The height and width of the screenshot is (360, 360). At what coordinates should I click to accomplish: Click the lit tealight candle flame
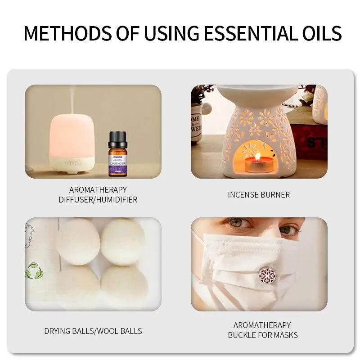(258, 157)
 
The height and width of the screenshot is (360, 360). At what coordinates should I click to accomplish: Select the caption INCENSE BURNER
(258, 195)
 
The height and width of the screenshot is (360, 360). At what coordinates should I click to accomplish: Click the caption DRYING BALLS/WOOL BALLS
(93, 331)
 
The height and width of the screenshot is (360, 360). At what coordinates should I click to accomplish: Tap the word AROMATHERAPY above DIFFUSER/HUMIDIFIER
(98, 189)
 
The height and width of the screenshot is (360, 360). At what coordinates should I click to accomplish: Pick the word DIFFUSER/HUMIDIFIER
(98, 199)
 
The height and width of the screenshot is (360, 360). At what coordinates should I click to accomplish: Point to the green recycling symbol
(34, 271)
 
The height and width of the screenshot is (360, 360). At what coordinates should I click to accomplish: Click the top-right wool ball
(123, 241)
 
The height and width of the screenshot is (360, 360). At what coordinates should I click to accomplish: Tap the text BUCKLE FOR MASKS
(263, 335)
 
